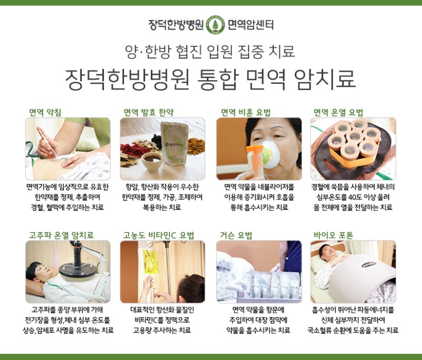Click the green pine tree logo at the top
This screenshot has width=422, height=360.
tap(215, 25)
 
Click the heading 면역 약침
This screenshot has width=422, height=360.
tap(45, 112)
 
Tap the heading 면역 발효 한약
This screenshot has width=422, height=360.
tap(149, 112)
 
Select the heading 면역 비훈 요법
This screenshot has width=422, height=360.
tap(245, 112)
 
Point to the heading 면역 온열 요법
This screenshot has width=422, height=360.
tap(338, 112)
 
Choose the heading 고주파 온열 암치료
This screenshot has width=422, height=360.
tap(61, 235)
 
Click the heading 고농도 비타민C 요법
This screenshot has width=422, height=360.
tap(158, 235)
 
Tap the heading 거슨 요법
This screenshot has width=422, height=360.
tap(236, 235)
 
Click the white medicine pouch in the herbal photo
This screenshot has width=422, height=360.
tap(174, 144)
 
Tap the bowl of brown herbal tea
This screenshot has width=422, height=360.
tap(152, 161)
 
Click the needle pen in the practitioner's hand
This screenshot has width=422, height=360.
tap(47, 142)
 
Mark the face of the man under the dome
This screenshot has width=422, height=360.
tap(327, 252)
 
